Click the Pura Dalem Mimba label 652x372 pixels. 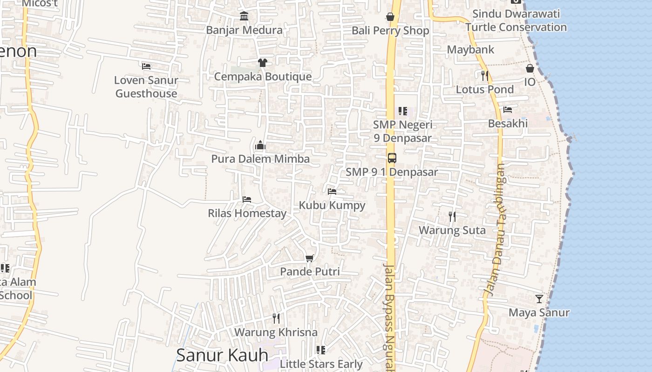260,159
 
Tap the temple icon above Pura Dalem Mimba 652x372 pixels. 260,146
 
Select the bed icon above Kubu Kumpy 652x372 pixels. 332,191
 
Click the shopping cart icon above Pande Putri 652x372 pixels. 310,258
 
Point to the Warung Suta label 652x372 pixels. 452,230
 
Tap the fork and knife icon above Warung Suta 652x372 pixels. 452,216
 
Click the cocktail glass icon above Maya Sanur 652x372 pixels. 539,299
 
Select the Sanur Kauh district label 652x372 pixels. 222,355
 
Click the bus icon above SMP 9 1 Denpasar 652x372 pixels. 392,158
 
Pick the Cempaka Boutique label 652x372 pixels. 263,76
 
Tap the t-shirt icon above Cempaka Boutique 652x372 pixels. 262,63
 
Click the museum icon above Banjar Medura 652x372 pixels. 244,17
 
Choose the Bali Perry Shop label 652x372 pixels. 390,31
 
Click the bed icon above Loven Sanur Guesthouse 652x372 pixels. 146,66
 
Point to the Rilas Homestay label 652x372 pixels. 247,213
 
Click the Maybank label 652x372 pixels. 470,50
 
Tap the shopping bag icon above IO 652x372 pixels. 530,68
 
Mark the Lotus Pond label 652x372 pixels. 484,89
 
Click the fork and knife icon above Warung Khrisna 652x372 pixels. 276,319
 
